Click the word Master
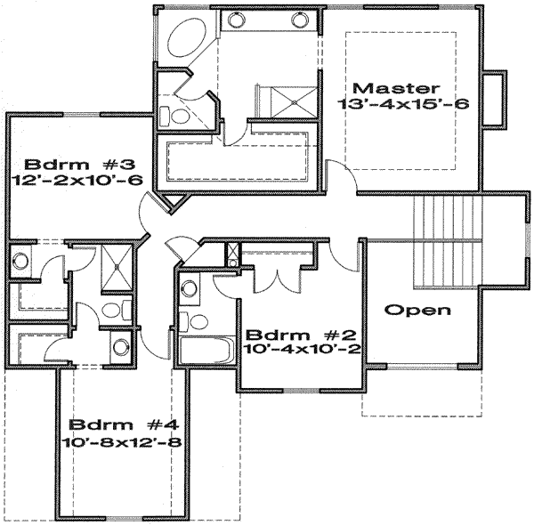[396, 88]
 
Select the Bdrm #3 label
[79, 165]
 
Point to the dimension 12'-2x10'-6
[79, 182]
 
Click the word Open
[417, 311]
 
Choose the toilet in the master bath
[174, 114]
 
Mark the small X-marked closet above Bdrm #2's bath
[231, 254]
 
